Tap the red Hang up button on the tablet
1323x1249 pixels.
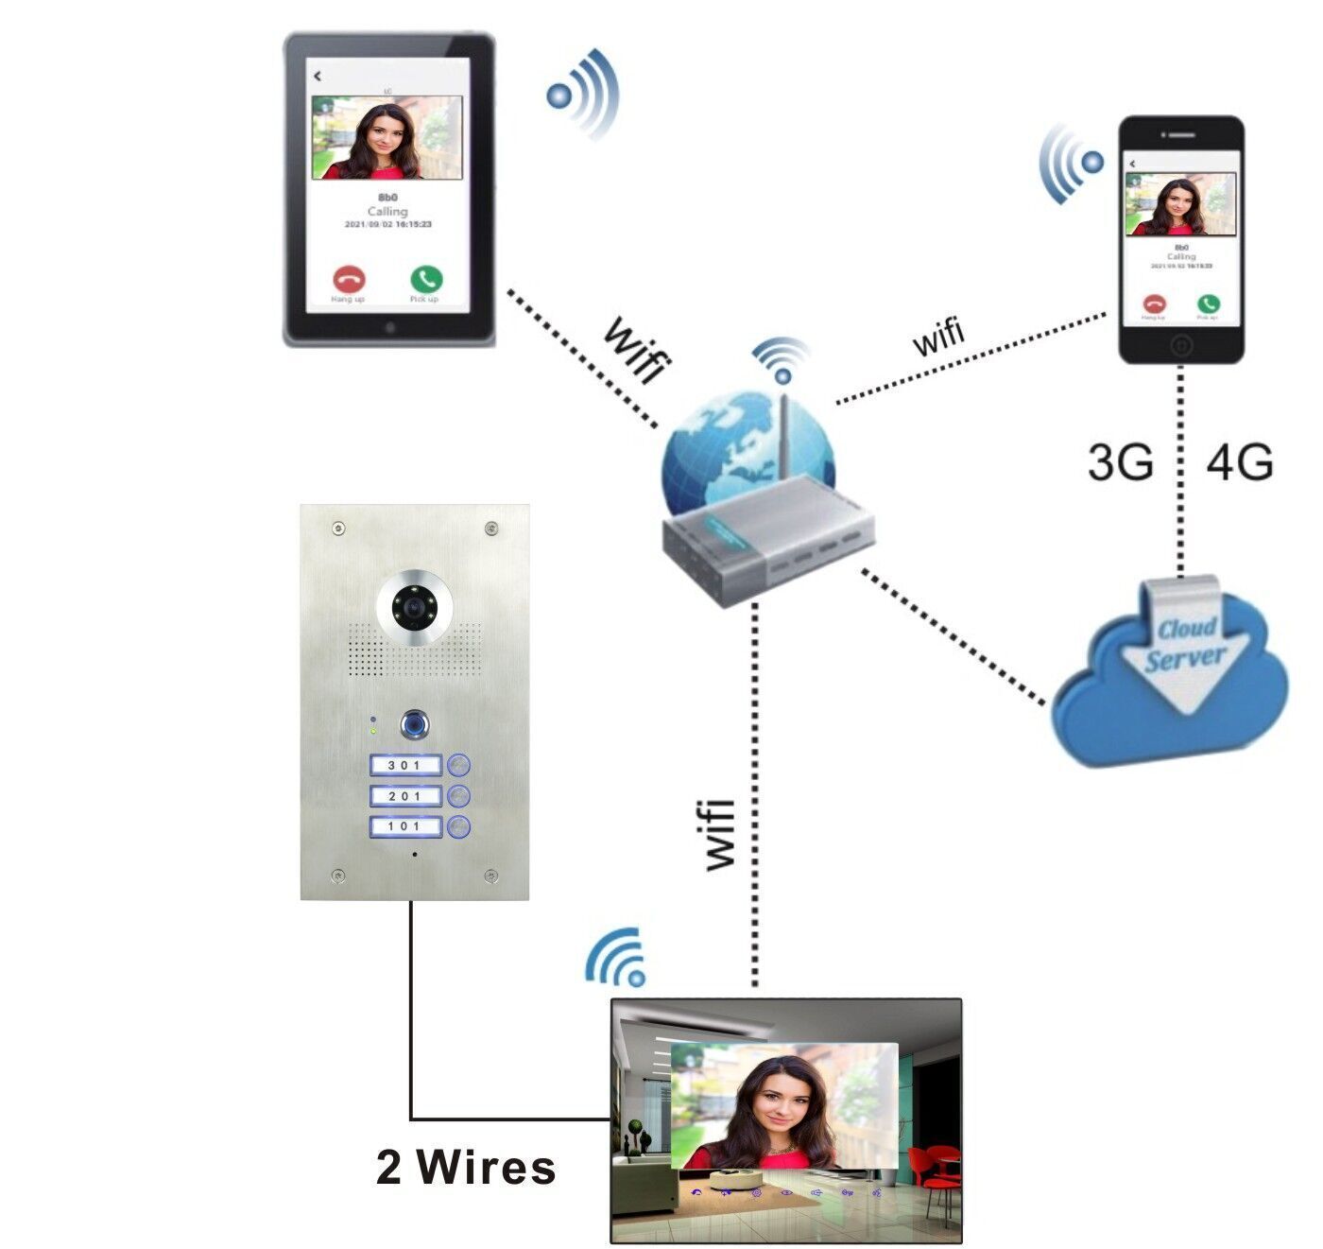[349, 279]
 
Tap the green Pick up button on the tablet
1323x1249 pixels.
[426, 279]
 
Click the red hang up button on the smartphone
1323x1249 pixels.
[1154, 304]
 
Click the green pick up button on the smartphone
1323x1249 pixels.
[1208, 304]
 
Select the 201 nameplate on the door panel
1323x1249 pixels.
[405, 796]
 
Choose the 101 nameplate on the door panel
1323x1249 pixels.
[405, 827]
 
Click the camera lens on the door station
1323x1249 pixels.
[413, 605]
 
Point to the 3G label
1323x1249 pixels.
[1120, 462]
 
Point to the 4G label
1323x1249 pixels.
[1239, 462]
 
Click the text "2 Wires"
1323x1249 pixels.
[465, 1167]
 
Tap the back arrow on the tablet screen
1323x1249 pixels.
[318, 76]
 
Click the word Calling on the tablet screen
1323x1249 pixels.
[387, 211]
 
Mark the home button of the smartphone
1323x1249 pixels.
[1181, 346]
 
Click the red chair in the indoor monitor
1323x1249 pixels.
[936, 1167]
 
